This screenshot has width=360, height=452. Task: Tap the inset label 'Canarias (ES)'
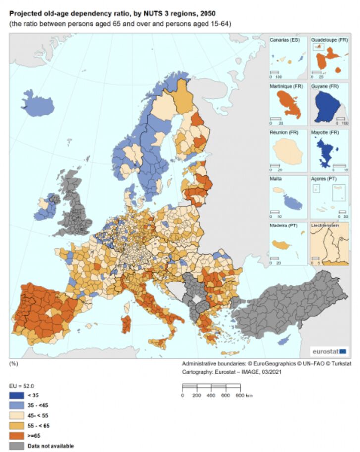[x=284, y=39]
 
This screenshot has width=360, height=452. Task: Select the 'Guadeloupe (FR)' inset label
[x=328, y=39]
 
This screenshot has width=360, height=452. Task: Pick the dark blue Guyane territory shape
[x=327, y=104]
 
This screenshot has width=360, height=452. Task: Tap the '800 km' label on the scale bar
[x=245, y=395]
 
